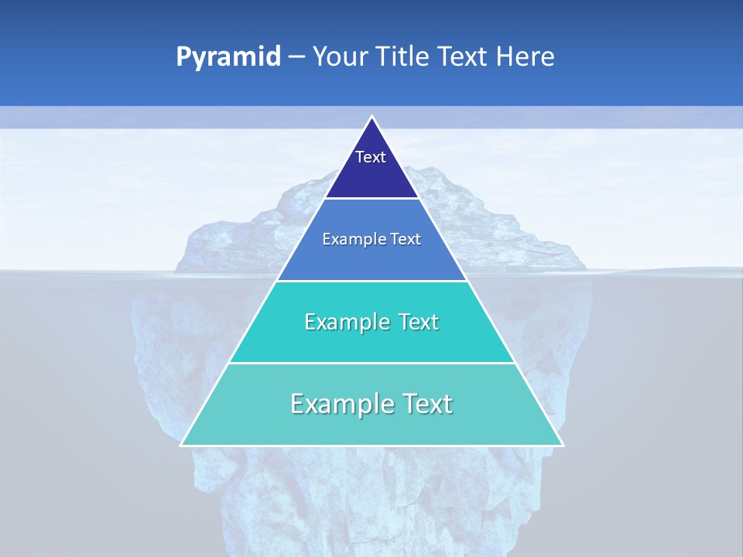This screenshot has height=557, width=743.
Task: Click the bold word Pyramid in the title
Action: point(228,57)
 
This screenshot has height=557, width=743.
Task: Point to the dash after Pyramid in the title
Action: point(296,57)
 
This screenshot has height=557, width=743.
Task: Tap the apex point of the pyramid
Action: point(372,117)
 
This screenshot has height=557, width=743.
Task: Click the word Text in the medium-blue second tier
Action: point(403,240)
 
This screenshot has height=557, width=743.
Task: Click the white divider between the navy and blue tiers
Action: point(372,199)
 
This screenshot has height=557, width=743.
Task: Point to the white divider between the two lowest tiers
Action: point(372,363)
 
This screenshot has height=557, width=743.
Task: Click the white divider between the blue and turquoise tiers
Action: point(372,281)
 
